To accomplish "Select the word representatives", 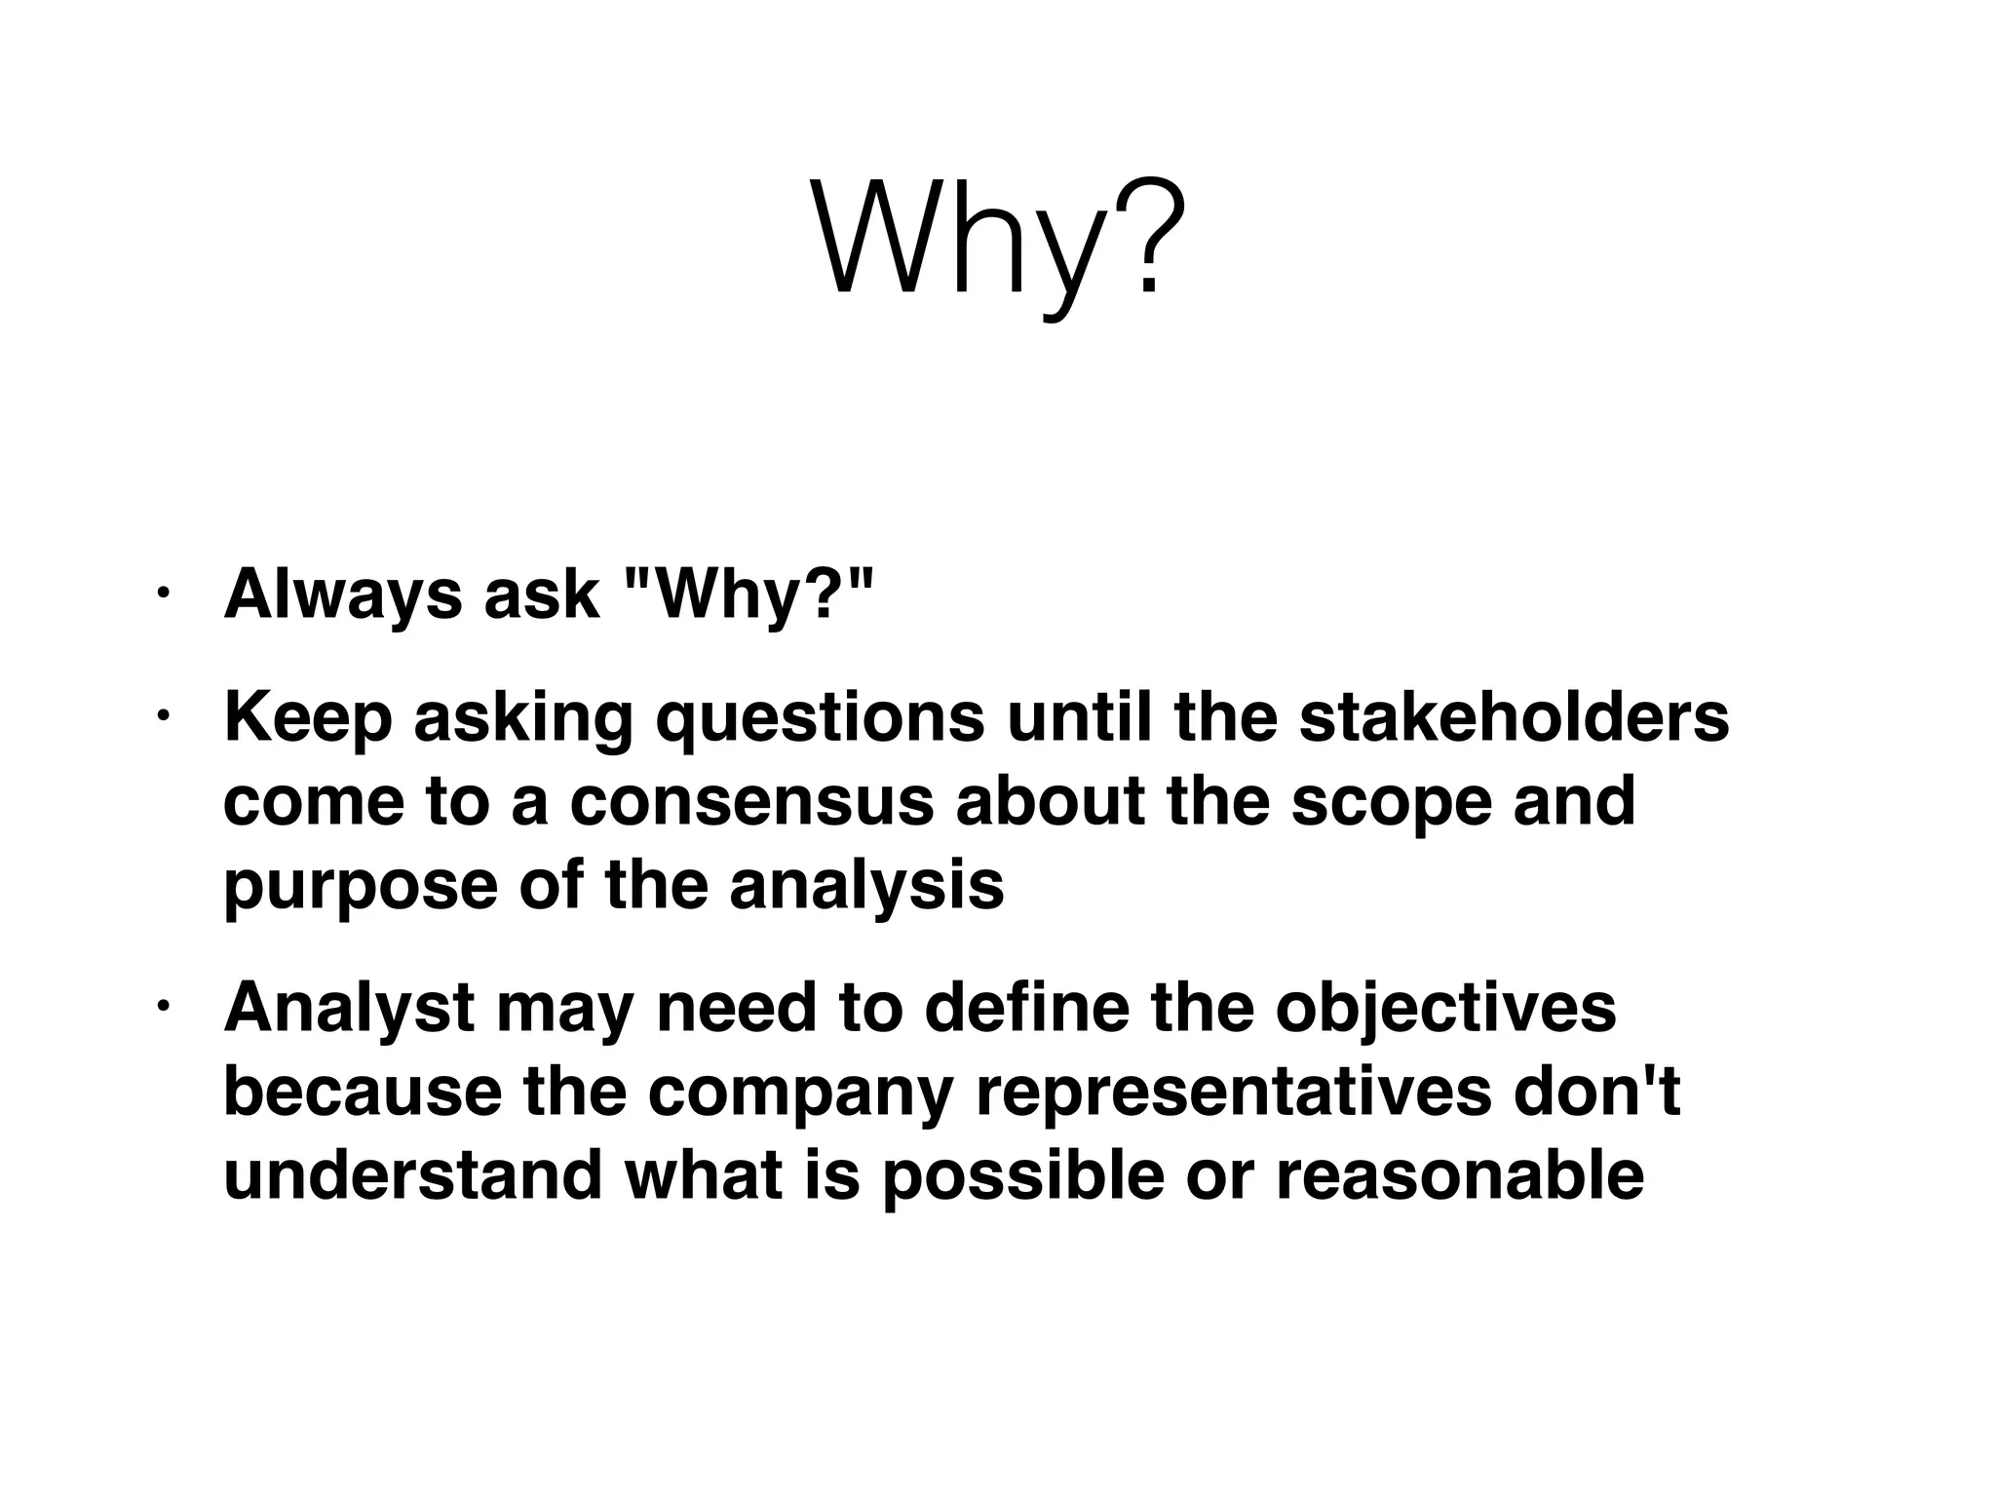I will coord(1232,1094).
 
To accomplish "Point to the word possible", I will coord(1022,1177).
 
